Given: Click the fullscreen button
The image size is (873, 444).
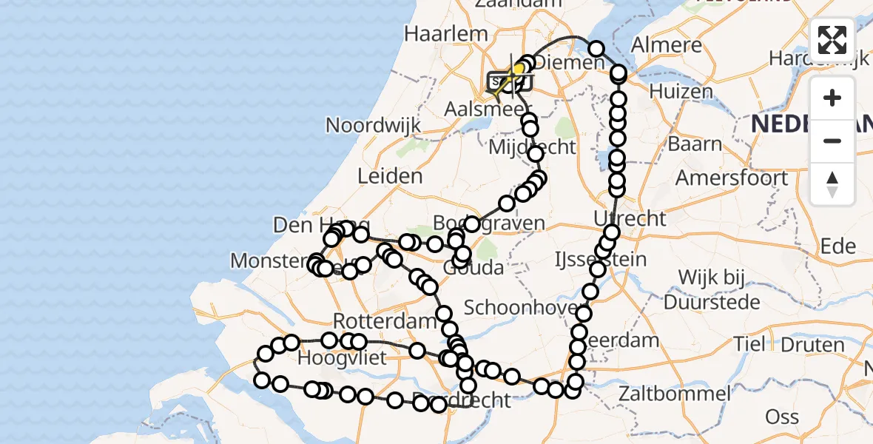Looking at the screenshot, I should click(x=832, y=40).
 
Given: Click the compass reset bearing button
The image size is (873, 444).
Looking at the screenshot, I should click(x=832, y=184).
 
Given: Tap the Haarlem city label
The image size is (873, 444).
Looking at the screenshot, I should click(x=445, y=33).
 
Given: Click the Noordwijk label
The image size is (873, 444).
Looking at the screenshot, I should click(x=374, y=124).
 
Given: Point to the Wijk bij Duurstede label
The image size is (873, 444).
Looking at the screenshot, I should click(x=712, y=291).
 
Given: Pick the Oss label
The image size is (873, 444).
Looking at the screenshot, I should click(x=781, y=417).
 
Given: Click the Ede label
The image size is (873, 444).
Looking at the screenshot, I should click(x=837, y=246).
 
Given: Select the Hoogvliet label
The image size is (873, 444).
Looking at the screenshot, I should click(x=342, y=360).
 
